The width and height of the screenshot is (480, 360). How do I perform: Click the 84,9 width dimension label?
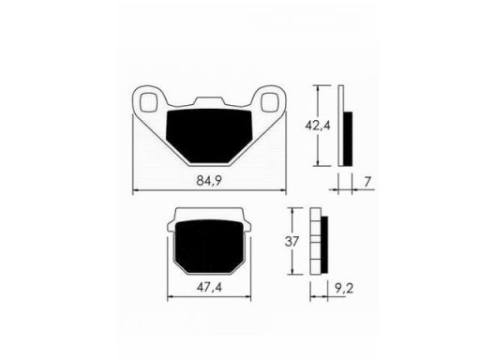point(209,181)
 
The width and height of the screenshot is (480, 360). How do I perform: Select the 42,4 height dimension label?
point(318,126)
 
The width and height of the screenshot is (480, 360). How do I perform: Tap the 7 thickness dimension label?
point(367,182)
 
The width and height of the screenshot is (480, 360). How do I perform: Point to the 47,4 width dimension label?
point(209,287)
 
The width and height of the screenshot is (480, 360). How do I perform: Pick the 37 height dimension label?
point(292,242)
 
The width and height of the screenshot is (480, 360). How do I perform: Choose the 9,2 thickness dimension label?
point(344,289)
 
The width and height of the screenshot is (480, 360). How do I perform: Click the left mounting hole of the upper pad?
point(148,102)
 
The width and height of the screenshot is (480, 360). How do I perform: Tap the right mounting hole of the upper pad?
point(270,102)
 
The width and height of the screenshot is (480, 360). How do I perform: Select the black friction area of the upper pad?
point(209,135)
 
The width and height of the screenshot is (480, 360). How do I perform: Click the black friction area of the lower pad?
point(209,246)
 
